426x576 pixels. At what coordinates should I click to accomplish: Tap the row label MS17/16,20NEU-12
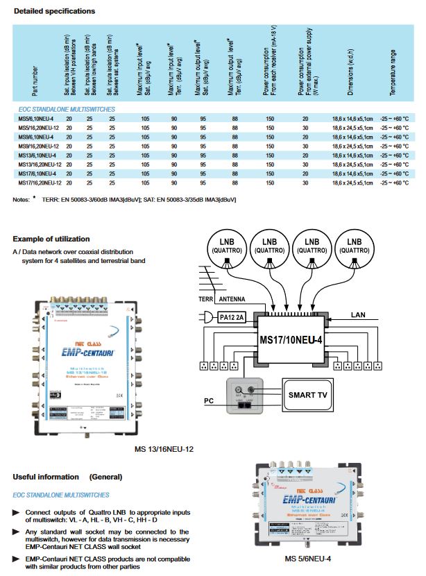37,183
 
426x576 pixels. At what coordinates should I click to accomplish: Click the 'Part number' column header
26,79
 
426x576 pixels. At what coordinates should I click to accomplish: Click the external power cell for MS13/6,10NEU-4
305,155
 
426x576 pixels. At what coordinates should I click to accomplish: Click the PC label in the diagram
208,401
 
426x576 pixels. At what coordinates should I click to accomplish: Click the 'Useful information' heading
46,477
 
